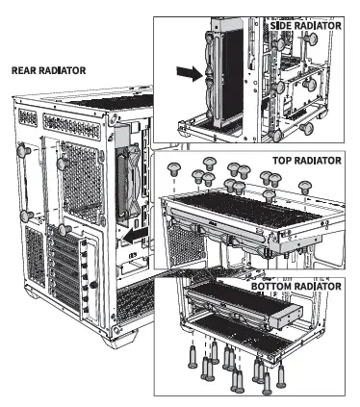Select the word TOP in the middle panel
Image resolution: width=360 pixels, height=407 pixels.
282,160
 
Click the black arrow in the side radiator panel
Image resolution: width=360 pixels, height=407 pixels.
191,73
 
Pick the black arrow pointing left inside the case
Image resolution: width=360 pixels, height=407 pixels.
136,236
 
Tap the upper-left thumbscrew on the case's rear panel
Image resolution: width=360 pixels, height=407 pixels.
23,151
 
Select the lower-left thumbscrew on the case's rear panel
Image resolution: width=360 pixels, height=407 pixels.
26,216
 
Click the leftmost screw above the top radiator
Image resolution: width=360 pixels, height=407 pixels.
174,168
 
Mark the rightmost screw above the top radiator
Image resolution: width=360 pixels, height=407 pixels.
305,188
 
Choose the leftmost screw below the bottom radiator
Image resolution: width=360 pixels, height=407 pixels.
193,357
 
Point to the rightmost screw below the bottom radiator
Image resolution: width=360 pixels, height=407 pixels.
281,375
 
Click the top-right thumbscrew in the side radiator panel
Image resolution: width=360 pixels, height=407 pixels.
310,39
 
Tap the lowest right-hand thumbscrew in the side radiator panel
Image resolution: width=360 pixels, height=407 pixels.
306,128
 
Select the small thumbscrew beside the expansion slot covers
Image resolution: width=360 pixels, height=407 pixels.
93,284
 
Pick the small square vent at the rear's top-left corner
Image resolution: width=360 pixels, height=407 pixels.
28,117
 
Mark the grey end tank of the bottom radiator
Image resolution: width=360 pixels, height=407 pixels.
286,318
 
